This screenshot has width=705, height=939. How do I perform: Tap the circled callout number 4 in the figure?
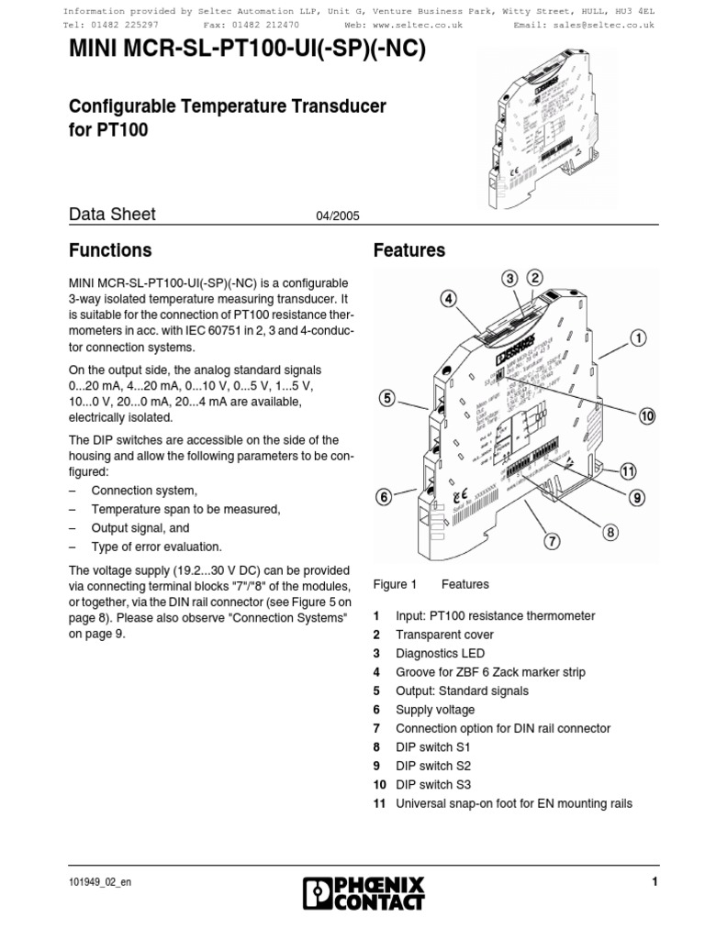(x=448, y=299)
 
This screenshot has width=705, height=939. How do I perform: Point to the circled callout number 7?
(x=552, y=540)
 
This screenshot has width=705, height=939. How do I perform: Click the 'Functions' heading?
(x=111, y=250)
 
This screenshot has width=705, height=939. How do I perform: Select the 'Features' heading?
(x=409, y=250)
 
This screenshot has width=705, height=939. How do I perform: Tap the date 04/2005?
(x=337, y=216)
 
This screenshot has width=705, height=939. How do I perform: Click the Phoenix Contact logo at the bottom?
(x=364, y=892)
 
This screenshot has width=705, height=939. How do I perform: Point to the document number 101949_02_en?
(x=106, y=882)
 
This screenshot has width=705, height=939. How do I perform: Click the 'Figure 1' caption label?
(x=396, y=584)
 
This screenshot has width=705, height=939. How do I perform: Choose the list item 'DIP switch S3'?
(x=432, y=785)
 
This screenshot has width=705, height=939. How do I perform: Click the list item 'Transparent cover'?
(x=444, y=635)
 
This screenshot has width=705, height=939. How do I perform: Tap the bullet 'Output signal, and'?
(x=140, y=528)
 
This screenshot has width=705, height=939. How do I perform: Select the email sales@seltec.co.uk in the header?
(x=609, y=26)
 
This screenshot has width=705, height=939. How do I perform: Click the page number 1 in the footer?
(x=655, y=882)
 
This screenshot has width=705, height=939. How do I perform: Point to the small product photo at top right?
(x=534, y=127)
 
